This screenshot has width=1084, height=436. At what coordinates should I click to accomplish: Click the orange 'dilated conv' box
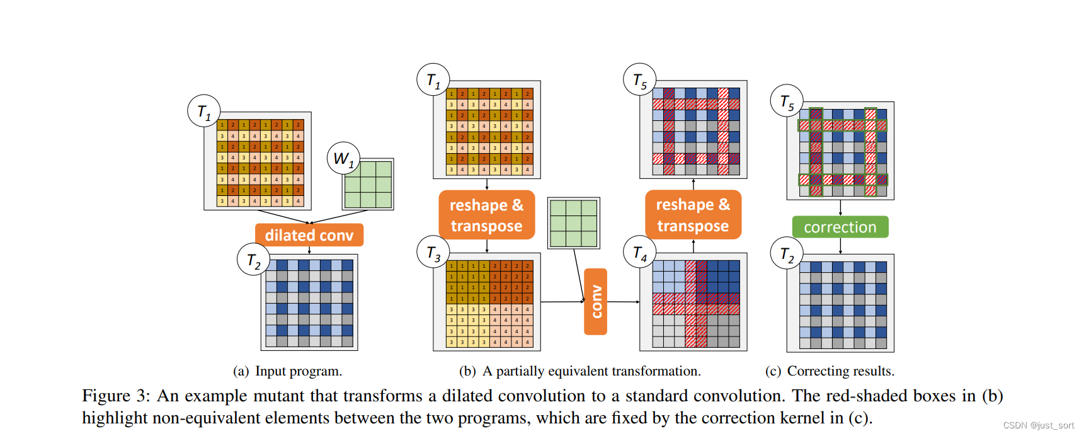[x=309, y=235]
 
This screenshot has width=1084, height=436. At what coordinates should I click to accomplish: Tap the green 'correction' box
[x=840, y=227]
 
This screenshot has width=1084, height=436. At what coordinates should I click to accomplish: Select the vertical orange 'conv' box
[x=596, y=302]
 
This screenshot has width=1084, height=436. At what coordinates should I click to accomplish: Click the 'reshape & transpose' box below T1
[x=486, y=215]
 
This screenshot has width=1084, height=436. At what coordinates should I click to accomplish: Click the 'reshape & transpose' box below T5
[x=693, y=215]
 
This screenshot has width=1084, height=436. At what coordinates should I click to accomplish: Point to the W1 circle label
[x=343, y=159]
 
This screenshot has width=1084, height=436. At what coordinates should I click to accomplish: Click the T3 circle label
[x=433, y=253]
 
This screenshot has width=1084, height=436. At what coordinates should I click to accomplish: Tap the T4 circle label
[x=640, y=253]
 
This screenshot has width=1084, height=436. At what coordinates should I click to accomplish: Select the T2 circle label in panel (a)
[x=253, y=260]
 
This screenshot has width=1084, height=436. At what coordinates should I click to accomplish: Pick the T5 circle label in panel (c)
[x=787, y=101]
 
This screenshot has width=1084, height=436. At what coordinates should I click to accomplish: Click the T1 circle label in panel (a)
[x=203, y=112]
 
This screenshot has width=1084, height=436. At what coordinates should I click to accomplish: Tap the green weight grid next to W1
[x=368, y=184]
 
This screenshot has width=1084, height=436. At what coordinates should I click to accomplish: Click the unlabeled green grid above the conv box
[x=573, y=223]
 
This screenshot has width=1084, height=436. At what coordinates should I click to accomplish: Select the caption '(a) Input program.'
[x=287, y=371]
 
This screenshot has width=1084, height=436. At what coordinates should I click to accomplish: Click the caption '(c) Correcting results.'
[x=830, y=371]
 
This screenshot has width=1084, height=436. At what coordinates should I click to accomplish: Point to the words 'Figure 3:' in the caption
[x=116, y=396]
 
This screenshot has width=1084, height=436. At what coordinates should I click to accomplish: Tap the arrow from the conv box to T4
[x=624, y=302]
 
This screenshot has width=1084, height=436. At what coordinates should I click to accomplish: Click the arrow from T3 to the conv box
[x=562, y=302]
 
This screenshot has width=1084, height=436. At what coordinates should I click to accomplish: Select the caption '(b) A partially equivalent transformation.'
[x=579, y=371]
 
